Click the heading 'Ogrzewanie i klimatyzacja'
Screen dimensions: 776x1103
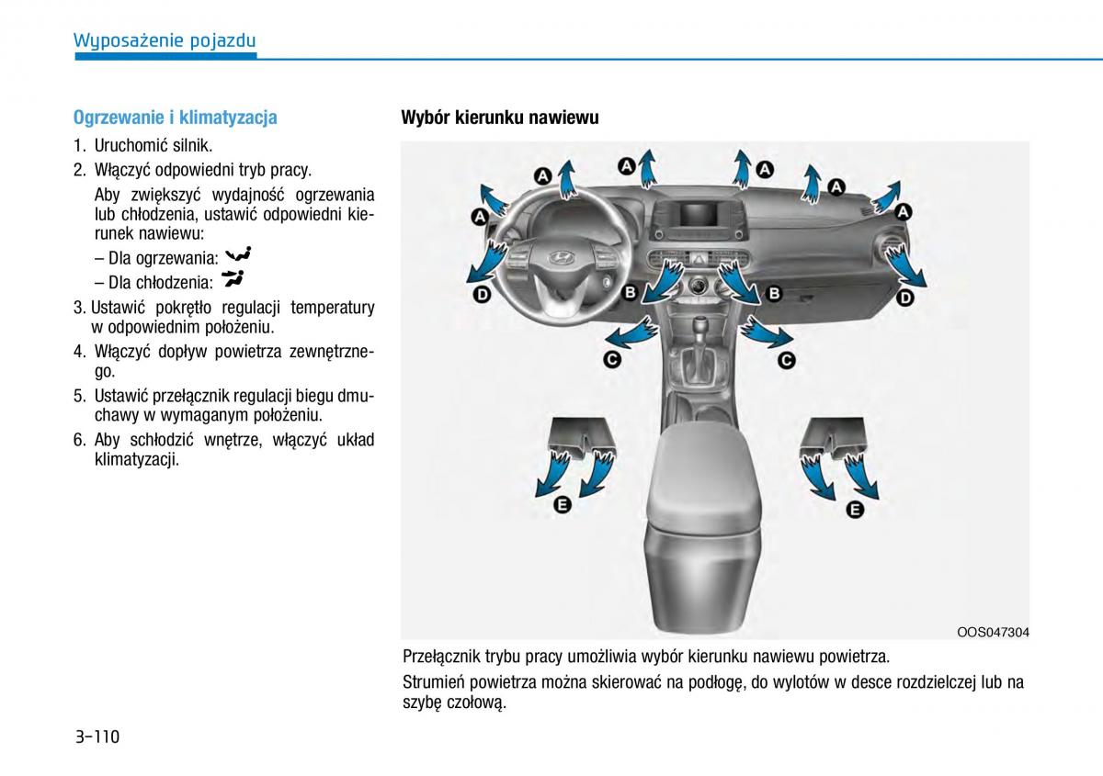175,118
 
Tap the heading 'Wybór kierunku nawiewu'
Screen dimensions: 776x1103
499,118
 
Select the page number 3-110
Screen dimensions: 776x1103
98,736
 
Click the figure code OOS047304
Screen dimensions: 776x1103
993,632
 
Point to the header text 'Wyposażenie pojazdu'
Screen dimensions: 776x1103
165,40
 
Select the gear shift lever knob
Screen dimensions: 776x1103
701,327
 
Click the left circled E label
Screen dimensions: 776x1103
563,504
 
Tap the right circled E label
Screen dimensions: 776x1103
855,510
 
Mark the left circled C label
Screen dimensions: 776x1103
611,360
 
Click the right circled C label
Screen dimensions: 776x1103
786,361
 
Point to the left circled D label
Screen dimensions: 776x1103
481,295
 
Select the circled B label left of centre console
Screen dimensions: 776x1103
631,293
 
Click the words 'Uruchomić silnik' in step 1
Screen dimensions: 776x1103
153,145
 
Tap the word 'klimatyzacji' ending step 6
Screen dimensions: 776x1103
136,460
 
